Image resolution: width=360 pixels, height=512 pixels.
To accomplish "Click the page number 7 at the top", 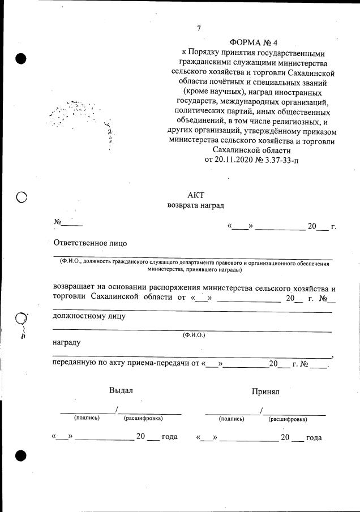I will coord(199,29).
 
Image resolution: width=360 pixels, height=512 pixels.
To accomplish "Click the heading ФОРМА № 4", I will coord(254,43).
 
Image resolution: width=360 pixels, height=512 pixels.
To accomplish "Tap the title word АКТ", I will coord(195,195).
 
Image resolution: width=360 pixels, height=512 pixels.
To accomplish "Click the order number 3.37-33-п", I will coord(280,160).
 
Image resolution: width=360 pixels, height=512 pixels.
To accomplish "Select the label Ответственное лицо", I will coord(90,243).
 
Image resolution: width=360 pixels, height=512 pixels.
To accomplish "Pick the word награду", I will coord(66,343).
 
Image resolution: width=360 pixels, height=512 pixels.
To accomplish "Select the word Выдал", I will coord(121,390).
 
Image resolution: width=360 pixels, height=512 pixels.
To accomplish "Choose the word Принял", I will coord(265,391).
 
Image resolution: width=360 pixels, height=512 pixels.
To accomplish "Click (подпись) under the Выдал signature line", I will coord(87,418).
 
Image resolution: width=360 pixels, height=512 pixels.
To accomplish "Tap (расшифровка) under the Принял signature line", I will coord(288,419).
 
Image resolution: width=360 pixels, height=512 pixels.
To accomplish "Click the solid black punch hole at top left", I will coord(22,58).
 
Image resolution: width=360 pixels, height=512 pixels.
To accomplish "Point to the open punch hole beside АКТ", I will coord(22,197).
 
